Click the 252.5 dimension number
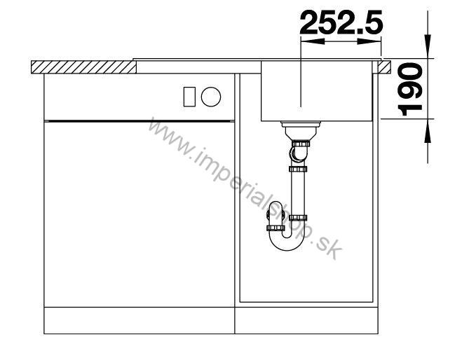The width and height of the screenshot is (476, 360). [x=341, y=22]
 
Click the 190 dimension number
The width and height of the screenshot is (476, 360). [x=410, y=89]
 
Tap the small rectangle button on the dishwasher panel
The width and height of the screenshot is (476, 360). [x=189, y=97]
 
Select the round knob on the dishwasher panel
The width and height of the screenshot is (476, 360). [x=211, y=97]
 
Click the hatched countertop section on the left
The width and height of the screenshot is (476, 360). [x=84, y=67]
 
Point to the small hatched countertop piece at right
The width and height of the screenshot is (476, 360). [x=384, y=67]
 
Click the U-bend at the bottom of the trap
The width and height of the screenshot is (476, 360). [x=287, y=241]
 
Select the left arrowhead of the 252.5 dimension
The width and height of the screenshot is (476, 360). [x=312, y=41]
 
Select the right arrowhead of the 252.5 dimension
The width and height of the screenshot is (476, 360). [x=369, y=41]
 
